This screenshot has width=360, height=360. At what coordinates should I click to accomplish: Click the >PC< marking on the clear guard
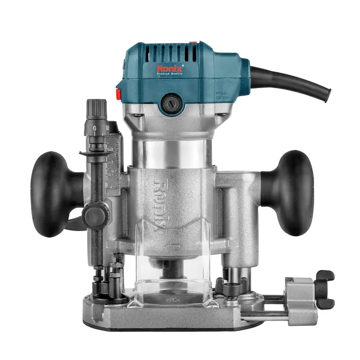(171, 297)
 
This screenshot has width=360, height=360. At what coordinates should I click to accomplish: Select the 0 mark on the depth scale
(95, 128)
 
